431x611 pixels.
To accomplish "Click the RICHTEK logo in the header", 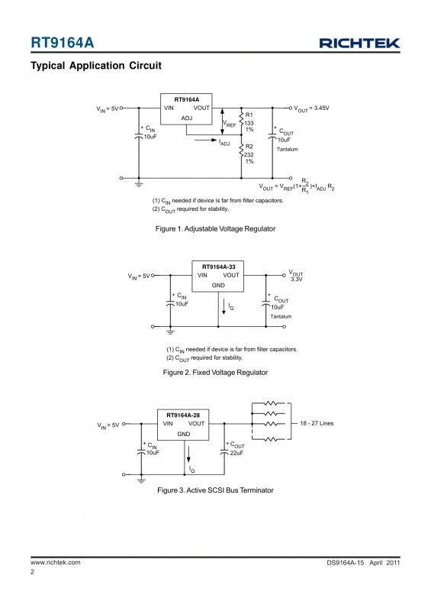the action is [x=359, y=43].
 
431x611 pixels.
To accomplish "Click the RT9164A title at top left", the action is [x=63, y=43].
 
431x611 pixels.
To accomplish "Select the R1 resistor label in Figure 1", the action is [x=249, y=115].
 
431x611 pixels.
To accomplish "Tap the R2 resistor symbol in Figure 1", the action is [x=241, y=150].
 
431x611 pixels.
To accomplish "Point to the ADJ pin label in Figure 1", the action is [x=187, y=118].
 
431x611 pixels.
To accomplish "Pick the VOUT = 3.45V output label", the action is [x=311, y=108].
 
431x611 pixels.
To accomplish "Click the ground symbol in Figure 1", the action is [x=139, y=184].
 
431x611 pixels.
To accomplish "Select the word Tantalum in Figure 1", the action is [x=288, y=149].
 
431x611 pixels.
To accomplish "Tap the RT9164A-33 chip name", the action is [x=218, y=267].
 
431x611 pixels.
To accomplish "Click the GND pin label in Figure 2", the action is [x=218, y=285].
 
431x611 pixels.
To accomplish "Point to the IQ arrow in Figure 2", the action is [x=224, y=307].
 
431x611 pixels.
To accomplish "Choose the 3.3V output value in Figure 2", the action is [x=296, y=280].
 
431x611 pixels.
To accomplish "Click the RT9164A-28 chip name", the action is [x=183, y=415].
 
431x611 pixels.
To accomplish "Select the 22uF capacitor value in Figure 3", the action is [x=236, y=453].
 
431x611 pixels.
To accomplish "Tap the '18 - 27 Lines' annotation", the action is [x=317, y=423].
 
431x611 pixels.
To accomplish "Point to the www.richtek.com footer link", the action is [x=56, y=562].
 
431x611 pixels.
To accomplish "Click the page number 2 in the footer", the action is [x=32, y=571].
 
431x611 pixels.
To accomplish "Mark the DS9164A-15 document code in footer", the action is [x=346, y=563].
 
